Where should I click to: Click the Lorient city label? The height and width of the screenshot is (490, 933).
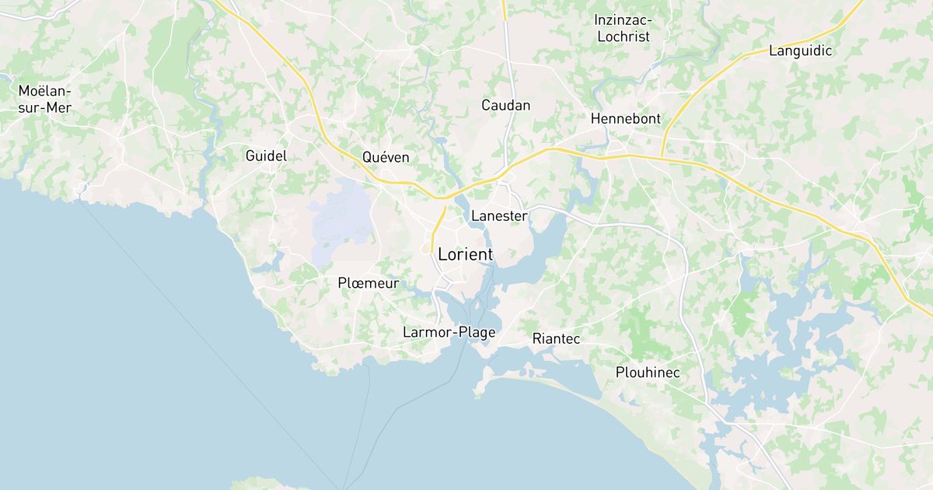(x=465, y=254)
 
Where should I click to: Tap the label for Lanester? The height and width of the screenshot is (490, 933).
(x=499, y=216)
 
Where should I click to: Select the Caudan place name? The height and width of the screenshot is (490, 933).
(x=505, y=105)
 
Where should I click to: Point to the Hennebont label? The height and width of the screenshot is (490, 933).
(x=625, y=119)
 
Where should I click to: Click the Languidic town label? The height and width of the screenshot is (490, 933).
(x=800, y=51)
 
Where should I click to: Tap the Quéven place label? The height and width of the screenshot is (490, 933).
(x=386, y=157)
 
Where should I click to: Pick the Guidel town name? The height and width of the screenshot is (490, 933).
(x=266, y=156)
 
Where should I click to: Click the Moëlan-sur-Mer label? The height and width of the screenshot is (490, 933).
(x=44, y=100)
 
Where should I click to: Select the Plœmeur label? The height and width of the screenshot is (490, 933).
(x=369, y=283)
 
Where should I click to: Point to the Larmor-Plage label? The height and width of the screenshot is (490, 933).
(x=449, y=332)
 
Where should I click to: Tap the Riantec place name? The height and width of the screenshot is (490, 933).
(x=556, y=339)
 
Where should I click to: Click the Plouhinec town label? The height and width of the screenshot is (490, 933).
(x=648, y=373)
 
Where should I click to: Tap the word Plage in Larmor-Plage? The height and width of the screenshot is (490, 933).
(x=477, y=332)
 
